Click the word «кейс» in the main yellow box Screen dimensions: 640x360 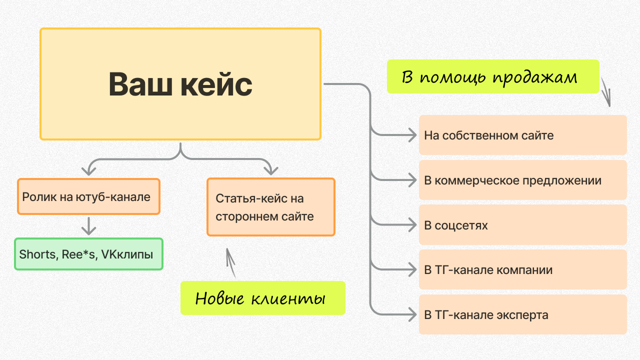point(216,84)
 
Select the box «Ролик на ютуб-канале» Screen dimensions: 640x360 point(88,196)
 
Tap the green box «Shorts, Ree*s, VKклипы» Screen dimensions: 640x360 point(88,254)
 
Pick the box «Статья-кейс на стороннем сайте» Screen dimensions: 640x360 point(271,207)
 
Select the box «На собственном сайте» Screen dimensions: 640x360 point(523,135)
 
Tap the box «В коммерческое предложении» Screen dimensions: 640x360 point(523,180)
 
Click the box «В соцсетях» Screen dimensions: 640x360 point(523,225)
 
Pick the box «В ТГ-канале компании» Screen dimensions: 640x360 point(523,269)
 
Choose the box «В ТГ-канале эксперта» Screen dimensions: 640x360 point(523,314)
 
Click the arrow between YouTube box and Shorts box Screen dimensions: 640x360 point(89,226)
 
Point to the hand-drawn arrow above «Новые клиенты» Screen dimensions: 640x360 point(230,263)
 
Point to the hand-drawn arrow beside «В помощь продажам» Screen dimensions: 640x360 point(605,92)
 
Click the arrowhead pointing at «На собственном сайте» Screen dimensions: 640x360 point(412,135)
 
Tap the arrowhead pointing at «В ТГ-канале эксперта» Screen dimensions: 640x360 point(412,314)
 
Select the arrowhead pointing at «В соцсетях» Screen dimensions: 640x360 point(412,225)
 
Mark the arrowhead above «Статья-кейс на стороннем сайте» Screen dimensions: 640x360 point(271,170)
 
